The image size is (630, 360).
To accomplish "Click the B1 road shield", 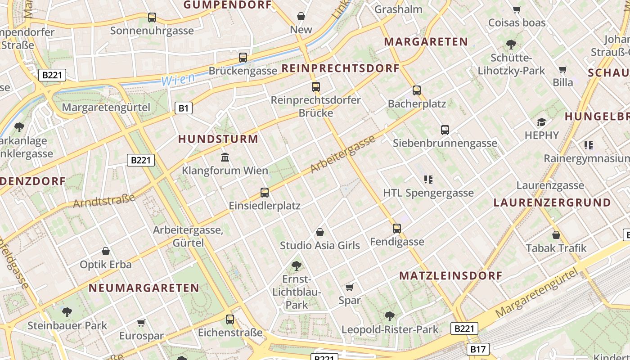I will [183, 108].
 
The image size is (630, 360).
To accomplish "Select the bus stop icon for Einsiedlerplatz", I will [265, 193].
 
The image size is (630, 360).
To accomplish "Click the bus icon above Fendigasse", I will [396, 229].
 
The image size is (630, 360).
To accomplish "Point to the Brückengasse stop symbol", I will [243, 58].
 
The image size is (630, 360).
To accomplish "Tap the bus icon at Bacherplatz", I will [417, 90].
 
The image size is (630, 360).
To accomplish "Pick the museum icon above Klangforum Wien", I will [225, 157].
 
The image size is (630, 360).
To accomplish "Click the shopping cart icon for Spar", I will [350, 287].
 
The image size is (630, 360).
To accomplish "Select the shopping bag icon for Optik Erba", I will [106, 251].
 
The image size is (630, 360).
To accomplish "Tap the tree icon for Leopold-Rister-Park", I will [390, 316].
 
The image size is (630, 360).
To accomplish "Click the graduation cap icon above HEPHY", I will [541, 122].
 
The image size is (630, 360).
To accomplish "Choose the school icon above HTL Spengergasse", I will [428, 180].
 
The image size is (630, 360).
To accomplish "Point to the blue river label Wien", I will [178, 80].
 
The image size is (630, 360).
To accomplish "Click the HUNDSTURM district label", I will [218, 139].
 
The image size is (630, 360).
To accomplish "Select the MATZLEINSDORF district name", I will [450, 276].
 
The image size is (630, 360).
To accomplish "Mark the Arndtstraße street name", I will [104, 201].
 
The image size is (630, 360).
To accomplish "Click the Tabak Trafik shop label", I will [556, 248].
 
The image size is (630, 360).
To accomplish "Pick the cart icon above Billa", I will [562, 70].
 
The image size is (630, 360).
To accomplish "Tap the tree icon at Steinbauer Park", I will [67, 311].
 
